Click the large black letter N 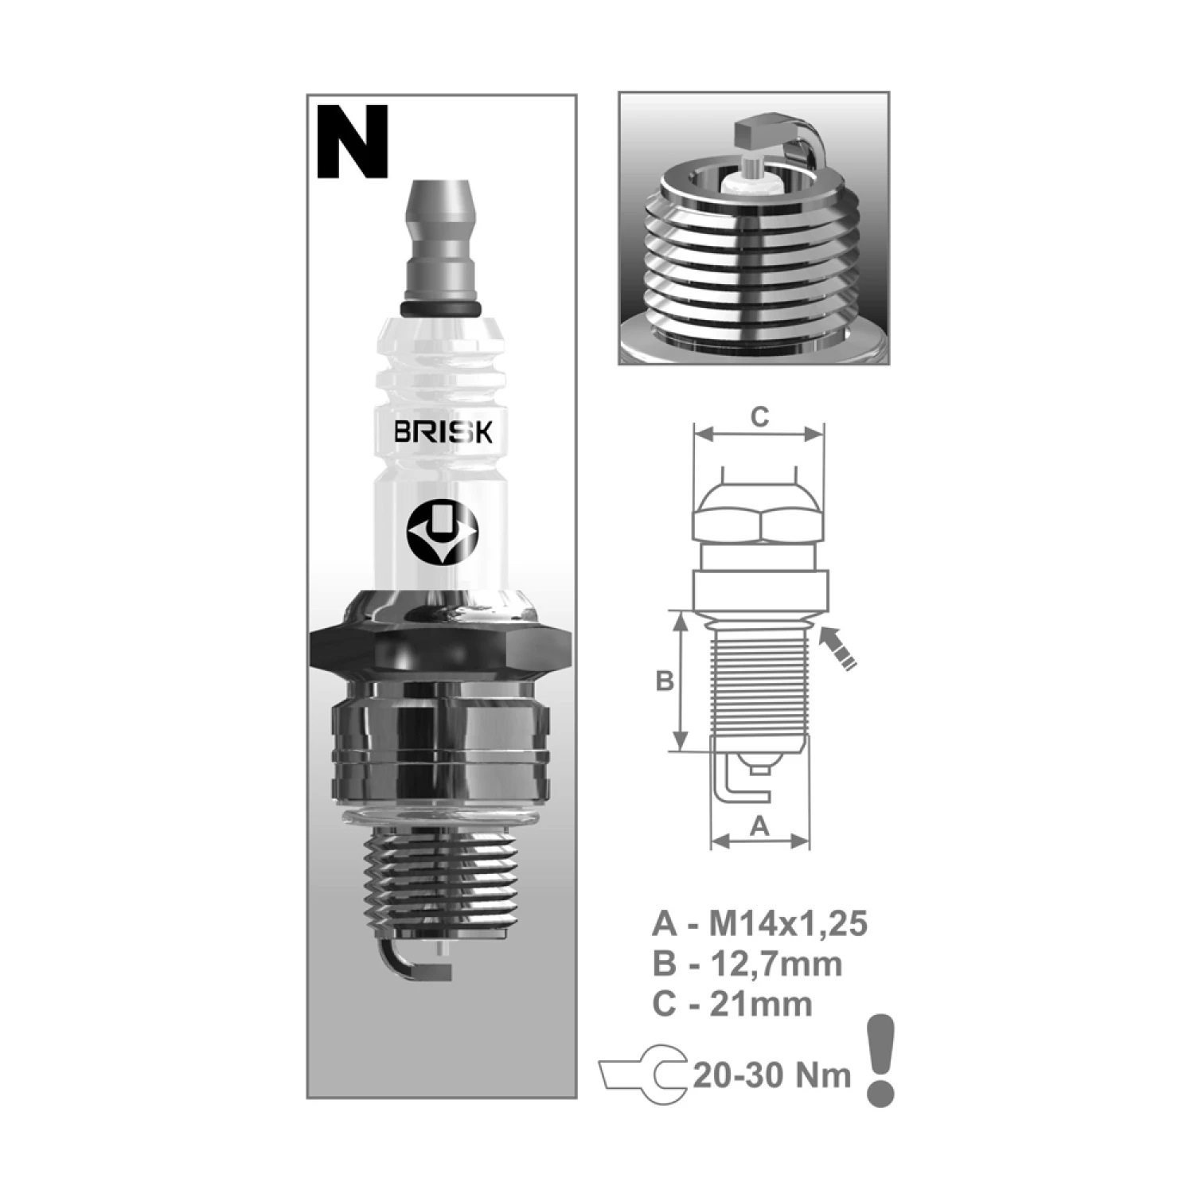(353, 142)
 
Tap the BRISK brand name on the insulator (443, 431)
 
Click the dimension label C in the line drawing (760, 416)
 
